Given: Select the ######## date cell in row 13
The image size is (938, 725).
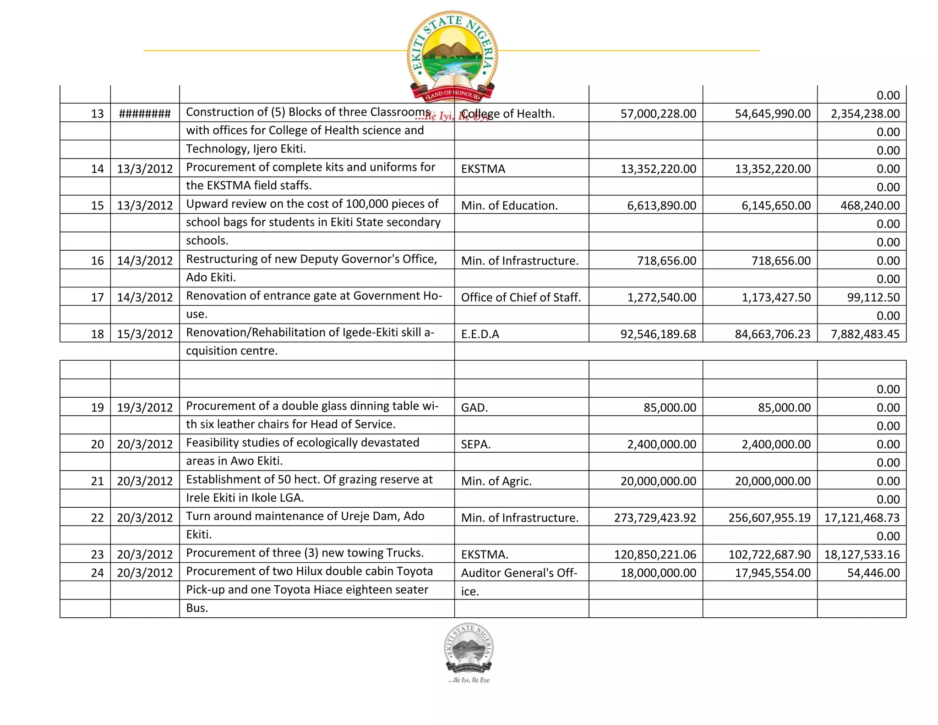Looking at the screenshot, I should tap(145, 114).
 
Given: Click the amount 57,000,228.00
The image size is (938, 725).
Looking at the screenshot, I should tap(658, 114).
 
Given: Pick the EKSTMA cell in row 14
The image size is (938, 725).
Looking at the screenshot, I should tap(483, 169).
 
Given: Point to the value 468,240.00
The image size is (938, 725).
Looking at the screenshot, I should tap(870, 205).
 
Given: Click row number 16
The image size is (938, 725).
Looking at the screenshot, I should tap(97, 260).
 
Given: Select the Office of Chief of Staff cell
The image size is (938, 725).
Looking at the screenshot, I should tap(521, 297).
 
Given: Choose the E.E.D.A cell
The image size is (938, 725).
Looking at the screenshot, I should tap(480, 334).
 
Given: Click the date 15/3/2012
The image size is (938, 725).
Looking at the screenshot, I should tap(145, 334).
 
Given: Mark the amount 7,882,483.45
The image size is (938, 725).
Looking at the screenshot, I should tap(865, 334).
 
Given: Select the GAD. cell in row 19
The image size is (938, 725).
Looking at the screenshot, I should tap(474, 407).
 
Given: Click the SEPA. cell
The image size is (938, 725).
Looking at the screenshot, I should tap(476, 444).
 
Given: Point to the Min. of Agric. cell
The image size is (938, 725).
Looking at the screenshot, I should tap(496, 481).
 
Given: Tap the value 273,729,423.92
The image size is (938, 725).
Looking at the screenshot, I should tap(655, 517).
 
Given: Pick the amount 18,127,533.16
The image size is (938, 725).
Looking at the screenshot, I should tap(862, 554).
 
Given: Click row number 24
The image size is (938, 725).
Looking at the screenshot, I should tap(97, 572).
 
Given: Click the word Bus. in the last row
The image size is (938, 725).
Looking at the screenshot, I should tap(197, 608).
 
